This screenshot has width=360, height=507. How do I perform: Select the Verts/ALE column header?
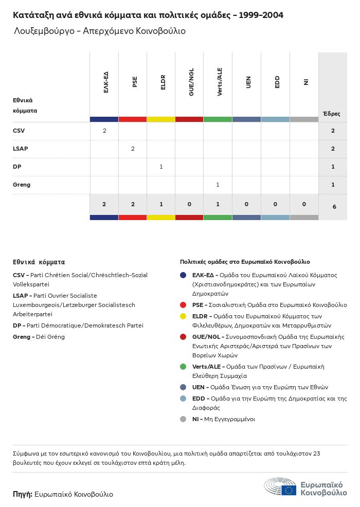click(220, 82)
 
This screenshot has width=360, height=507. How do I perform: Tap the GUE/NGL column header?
click(191, 82)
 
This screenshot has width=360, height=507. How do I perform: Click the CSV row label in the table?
click(19, 131)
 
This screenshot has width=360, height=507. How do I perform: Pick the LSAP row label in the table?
click(20, 149)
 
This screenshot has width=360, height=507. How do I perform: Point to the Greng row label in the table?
click(22, 185)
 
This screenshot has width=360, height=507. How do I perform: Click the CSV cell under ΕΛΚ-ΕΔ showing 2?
click(104, 131)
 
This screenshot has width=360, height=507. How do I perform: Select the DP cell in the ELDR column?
click(161, 167)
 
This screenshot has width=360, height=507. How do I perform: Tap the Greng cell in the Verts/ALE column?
click(218, 185)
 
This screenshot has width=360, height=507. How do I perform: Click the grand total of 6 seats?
click(333, 206)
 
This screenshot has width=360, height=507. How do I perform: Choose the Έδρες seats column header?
click(331, 114)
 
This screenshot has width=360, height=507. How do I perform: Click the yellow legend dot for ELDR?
click(183, 316)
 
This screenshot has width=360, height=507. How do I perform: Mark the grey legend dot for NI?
click(183, 419)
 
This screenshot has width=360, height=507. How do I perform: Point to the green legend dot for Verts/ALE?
click(183, 367)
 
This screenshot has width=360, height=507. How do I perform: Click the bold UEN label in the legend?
click(199, 387)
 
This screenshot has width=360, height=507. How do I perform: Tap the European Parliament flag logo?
click(289, 490)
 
